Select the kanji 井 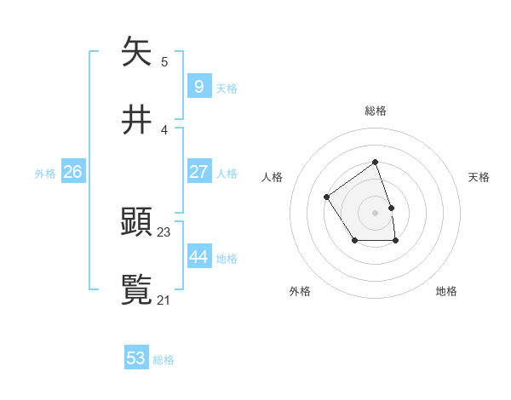pyautogui.click(x=137, y=121)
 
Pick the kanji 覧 pyautogui.click(x=137, y=289)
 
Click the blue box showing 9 pyautogui.click(x=198, y=86)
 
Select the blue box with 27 pyautogui.click(x=198, y=172)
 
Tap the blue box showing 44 pyautogui.click(x=198, y=257)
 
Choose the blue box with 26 pyautogui.click(x=72, y=172)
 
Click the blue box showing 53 pyautogui.click(x=136, y=358)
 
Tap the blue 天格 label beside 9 pyautogui.click(x=227, y=88)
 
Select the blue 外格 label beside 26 pyautogui.click(x=45, y=174)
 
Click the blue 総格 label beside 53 pyautogui.click(x=164, y=360)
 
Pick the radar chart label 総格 pyautogui.click(x=375, y=111)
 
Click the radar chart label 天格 pyautogui.click(x=479, y=177)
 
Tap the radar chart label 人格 pyautogui.click(x=273, y=177)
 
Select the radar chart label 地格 pyautogui.click(x=446, y=291)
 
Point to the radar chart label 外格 pyautogui.click(x=300, y=291)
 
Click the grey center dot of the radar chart pyautogui.click(x=375, y=212)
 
